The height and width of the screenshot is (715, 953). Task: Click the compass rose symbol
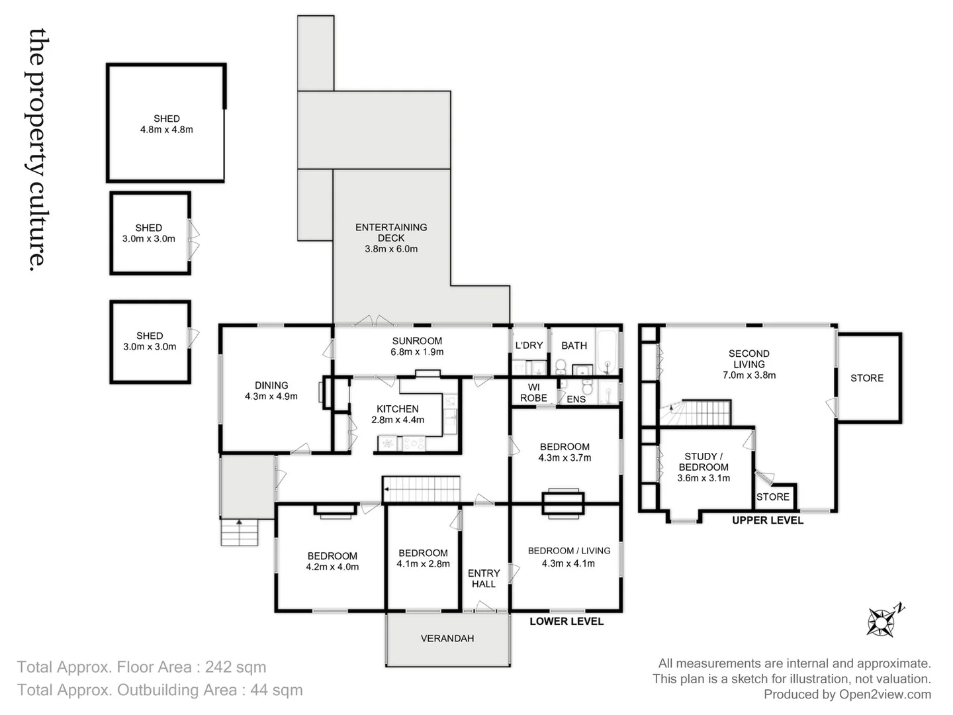(883, 622)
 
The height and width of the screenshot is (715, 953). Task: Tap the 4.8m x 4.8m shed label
(166, 124)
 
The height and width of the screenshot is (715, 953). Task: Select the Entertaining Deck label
(391, 238)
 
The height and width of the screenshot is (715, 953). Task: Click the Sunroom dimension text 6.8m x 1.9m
(417, 352)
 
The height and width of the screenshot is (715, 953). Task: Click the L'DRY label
(529, 346)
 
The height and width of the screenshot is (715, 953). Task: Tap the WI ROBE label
(533, 393)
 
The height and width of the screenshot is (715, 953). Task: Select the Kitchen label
(398, 409)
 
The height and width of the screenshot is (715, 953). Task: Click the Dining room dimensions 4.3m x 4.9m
(271, 397)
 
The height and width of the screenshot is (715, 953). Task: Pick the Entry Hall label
(484, 579)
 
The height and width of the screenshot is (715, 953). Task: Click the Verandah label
(447, 639)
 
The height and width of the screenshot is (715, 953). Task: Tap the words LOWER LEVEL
(567, 622)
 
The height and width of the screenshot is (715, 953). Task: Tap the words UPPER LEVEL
(768, 520)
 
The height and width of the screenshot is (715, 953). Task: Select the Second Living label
(749, 359)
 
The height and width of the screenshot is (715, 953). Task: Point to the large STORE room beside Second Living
(867, 378)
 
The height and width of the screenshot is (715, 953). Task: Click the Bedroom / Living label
(568, 551)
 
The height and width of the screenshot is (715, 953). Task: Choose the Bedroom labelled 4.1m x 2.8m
(423, 558)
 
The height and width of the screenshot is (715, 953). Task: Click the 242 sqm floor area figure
(236, 667)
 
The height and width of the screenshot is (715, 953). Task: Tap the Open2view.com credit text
(885, 694)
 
